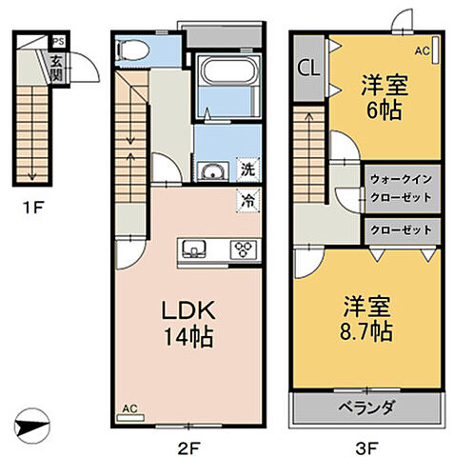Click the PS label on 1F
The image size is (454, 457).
click(x=58, y=41)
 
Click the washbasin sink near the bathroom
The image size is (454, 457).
click(x=213, y=172)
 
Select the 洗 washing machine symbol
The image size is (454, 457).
click(x=247, y=171)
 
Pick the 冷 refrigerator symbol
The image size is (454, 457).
click(x=247, y=200)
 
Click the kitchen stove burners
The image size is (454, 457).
click(x=244, y=250)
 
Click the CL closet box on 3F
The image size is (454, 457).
click(x=308, y=69)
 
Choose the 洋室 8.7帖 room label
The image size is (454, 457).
click(x=367, y=321)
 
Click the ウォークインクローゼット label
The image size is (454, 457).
click(x=401, y=188)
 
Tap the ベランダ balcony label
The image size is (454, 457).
click(x=366, y=407)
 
